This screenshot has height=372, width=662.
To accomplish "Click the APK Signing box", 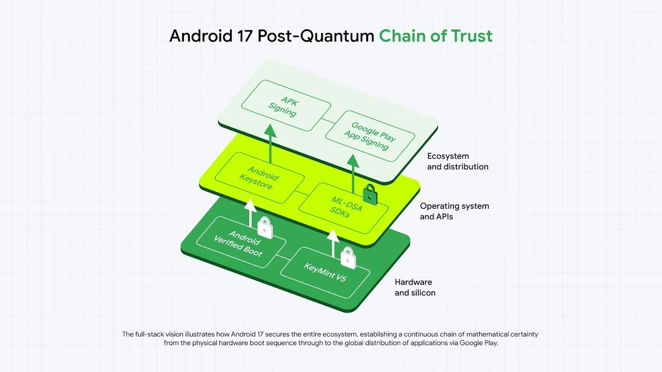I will [x=285, y=105].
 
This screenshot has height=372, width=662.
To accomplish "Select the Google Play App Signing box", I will [x=370, y=135].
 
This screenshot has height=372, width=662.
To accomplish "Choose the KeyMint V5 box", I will [x=324, y=271].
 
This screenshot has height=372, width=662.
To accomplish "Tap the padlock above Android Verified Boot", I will [x=265, y=226].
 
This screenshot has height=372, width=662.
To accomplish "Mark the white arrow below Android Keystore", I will [x=250, y=212].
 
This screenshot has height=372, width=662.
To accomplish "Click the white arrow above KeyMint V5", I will [x=334, y=242].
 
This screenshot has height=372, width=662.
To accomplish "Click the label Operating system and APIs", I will [x=454, y=211].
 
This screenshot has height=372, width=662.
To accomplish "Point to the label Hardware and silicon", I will [x=415, y=287].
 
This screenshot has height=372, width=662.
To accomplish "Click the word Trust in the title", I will [x=469, y=36].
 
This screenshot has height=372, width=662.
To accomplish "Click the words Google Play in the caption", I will [x=478, y=343].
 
